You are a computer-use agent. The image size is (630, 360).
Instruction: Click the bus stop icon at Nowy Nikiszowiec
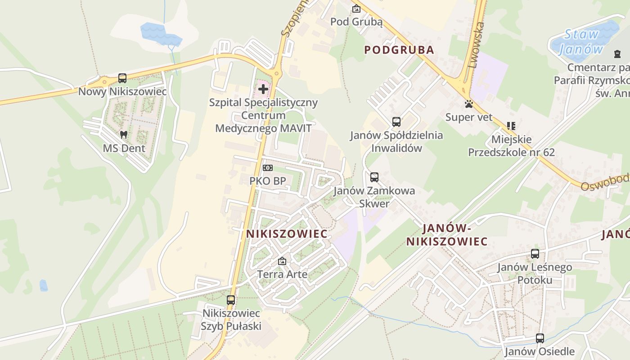(x=122, y=78)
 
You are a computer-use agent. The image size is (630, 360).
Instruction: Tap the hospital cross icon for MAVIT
(x=263, y=89)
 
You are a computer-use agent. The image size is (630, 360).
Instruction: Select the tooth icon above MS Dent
(x=124, y=135)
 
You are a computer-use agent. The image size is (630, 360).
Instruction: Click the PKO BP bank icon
(x=268, y=168)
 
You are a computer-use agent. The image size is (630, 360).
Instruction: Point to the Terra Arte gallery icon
(x=282, y=261)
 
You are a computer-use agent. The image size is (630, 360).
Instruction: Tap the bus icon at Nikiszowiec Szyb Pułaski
(x=231, y=300)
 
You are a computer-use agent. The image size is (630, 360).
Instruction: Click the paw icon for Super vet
(x=469, y=104)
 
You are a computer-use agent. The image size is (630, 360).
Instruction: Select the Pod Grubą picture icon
(x=356, y=9)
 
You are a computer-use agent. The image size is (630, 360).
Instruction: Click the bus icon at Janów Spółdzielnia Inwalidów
(x=396, y=122)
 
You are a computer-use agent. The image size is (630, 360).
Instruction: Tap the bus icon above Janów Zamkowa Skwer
(x=374, y=177)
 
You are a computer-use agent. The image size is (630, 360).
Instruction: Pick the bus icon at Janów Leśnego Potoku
(x=535, y=254)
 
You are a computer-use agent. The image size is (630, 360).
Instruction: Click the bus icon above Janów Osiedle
(x=540, y=338)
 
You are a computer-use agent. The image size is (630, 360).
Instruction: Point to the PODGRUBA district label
(x=399, y=50)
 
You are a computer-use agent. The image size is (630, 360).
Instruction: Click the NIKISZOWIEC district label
(x=287, y=234)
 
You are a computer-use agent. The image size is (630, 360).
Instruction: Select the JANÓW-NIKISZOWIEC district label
(x=447, y=235)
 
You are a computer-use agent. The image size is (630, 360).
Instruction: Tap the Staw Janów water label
(x=581, y=41)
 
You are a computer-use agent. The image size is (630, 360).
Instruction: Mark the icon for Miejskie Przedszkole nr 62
(x=511, y=126)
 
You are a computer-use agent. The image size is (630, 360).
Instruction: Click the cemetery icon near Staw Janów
(x=617, y=54)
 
